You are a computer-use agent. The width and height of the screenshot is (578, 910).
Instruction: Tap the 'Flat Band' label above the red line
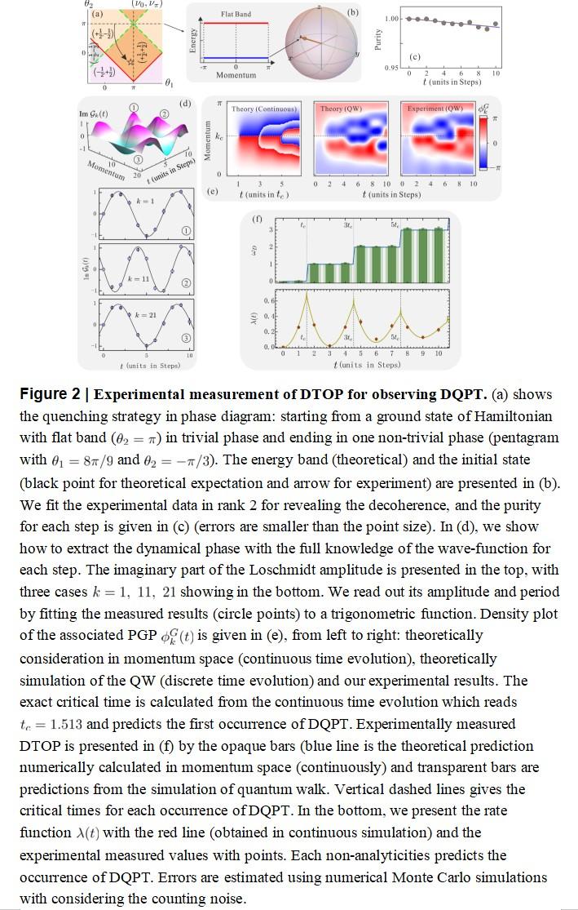click(x=236, y=15)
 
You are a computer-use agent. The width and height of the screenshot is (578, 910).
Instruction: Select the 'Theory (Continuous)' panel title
click(x=263, y=109)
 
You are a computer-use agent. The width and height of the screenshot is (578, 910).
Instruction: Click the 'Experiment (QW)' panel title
click(x=435, y=109)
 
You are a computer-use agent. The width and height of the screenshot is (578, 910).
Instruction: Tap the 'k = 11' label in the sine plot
click(x=140, y=279)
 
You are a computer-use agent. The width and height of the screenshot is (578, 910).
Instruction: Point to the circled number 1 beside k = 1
click(x=187, y=231)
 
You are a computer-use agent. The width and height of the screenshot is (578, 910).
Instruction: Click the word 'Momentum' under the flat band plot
click(x=236, y=75)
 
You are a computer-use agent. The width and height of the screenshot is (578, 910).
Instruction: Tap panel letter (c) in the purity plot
click(x=415, y=57)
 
